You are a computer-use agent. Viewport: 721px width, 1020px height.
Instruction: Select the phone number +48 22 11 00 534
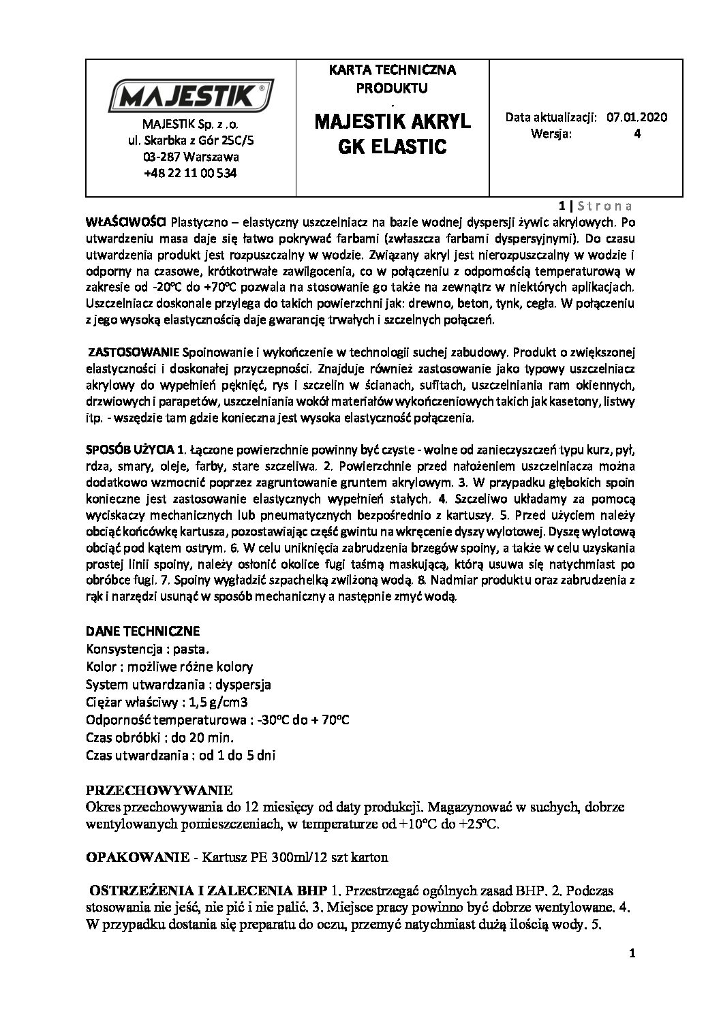click(x=190, y=173)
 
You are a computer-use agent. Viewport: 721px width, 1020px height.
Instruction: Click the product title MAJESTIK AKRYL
click(x=393, y=123)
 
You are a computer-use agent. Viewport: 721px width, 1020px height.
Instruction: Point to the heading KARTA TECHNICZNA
click(x=392, y=70)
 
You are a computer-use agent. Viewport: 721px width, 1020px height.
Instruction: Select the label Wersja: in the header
click(x=551, y=134)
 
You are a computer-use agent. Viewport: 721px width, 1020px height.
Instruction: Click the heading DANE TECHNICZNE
click(x=143, y=631)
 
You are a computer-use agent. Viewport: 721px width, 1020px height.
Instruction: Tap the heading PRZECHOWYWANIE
click(x=159, y=790)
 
